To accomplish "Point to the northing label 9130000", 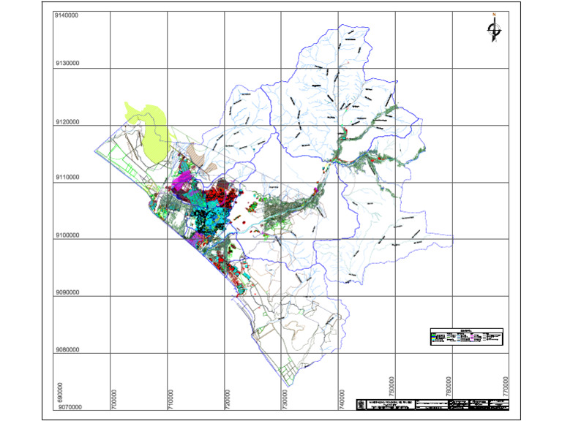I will coord(67,64).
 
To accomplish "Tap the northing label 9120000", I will coord(67,122).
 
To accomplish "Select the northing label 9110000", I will coord(67,178).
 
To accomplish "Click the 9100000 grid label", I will coord(67,235).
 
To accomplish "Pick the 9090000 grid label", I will coord(67,292).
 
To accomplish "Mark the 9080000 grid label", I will coord(67,349).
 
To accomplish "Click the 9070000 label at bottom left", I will coord(67,407).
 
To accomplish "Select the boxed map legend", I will coord(466,336).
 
